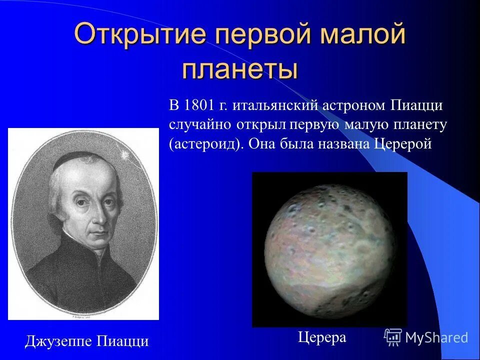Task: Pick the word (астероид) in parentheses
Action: click(206, 144)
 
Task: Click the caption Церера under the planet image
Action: click(321, 337)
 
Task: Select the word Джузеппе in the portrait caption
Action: click(55, 342)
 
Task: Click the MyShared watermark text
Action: click(436, 337)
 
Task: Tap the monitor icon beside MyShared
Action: click(393, 337)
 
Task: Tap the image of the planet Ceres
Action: click(329, 249)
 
